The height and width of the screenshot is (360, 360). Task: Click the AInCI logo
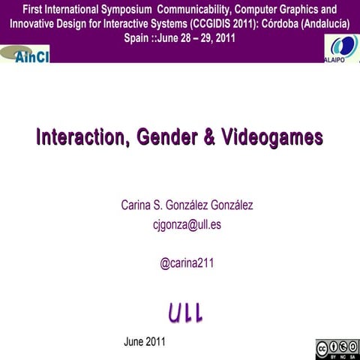(27, 55)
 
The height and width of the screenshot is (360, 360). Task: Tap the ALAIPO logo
(339, 49)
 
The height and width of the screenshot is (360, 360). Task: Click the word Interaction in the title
(82, 137)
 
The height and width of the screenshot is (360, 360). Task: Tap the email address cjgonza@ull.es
(186, 223)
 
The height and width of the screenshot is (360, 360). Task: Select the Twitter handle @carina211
(187, 263)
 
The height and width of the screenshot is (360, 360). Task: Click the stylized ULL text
(184, 313)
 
